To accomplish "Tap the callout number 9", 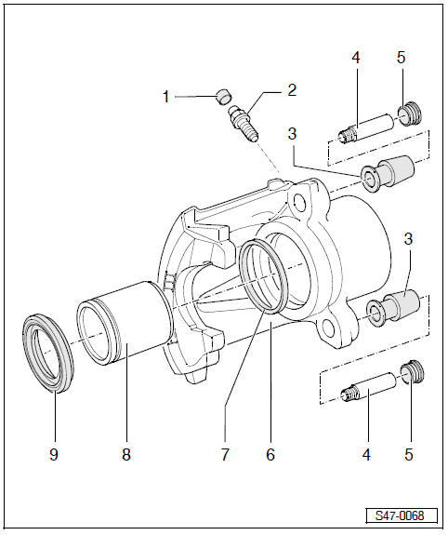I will click(x=54, y=456).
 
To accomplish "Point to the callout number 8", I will click(x=126, y=456).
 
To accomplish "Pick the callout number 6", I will click(x=270, y=456).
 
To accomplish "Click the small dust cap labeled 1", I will click(x=222, y=94).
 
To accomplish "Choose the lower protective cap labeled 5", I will click(x=411, y=374).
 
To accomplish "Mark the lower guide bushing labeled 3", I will click(x=390, y=307).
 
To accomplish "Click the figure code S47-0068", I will click(x=400, y=515).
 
